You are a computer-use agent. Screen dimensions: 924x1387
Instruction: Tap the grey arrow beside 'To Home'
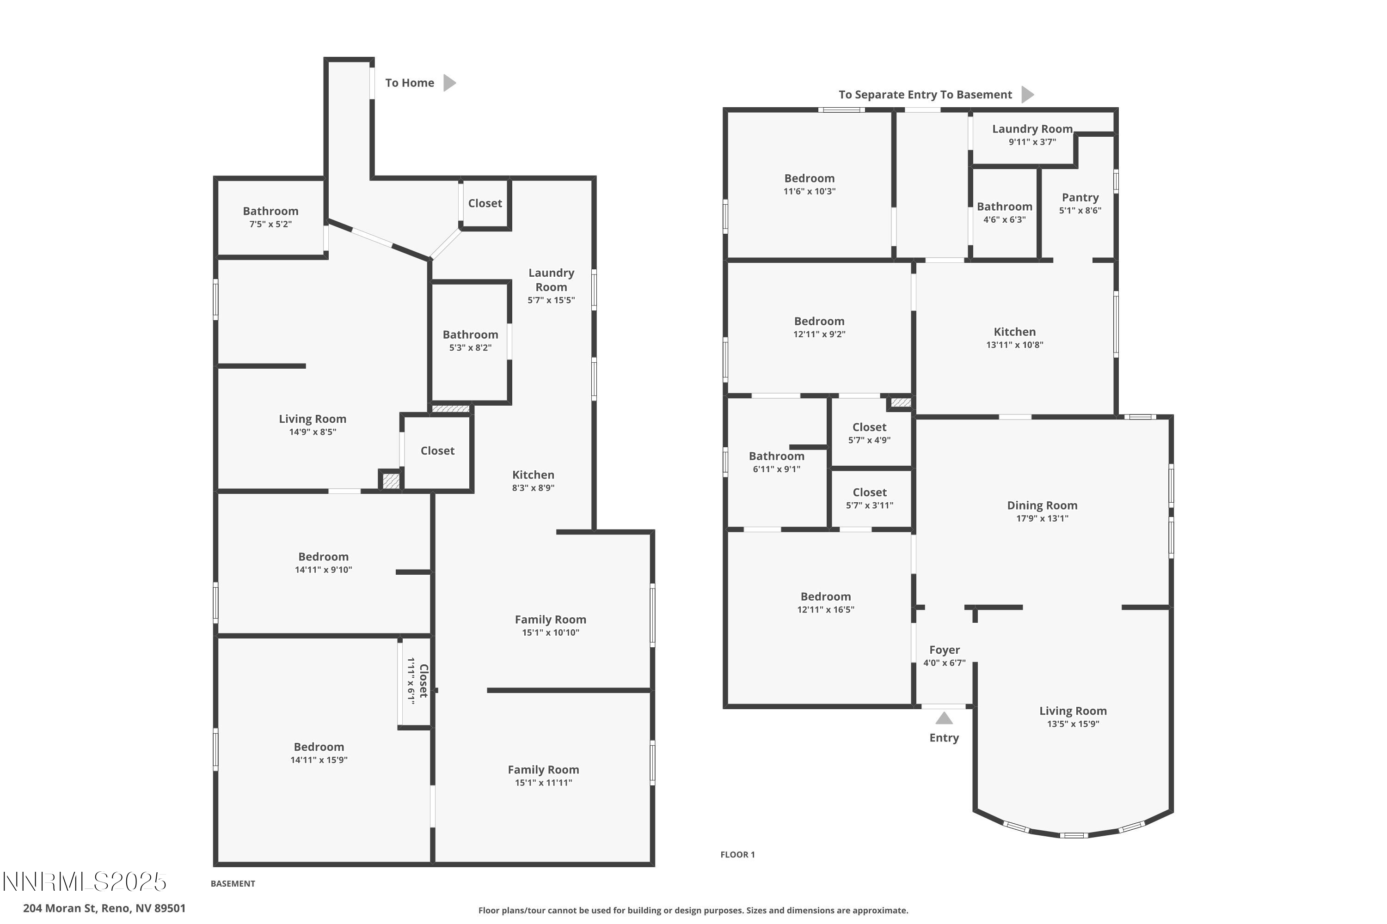(449, 83)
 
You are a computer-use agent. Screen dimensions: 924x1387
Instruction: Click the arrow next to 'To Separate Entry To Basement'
(1027, 94)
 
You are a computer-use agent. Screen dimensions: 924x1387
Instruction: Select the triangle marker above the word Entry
(944, 718)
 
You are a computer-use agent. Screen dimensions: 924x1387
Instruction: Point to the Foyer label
(944, 650)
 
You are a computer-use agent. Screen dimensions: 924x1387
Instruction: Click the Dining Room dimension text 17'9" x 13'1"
(1042, 518)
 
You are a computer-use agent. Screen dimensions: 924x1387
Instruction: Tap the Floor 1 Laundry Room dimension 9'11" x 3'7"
(1032, 142)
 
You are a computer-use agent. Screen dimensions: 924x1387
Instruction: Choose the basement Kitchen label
(533, 475)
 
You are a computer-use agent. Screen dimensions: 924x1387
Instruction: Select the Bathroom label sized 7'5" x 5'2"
(270, 211)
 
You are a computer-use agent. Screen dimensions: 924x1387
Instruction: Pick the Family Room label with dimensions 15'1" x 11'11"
(543, 770)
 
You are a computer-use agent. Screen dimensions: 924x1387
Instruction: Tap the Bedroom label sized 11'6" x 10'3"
(809, 178)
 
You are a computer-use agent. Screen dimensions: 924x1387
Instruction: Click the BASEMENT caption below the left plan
(233, 883)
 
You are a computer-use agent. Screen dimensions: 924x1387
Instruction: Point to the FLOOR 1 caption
(737, 854)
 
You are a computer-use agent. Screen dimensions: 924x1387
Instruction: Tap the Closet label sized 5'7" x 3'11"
(869, 492)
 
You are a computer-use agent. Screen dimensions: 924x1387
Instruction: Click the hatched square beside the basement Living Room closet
(390, 481)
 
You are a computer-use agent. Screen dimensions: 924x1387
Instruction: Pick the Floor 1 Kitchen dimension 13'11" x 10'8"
(1014, 345)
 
